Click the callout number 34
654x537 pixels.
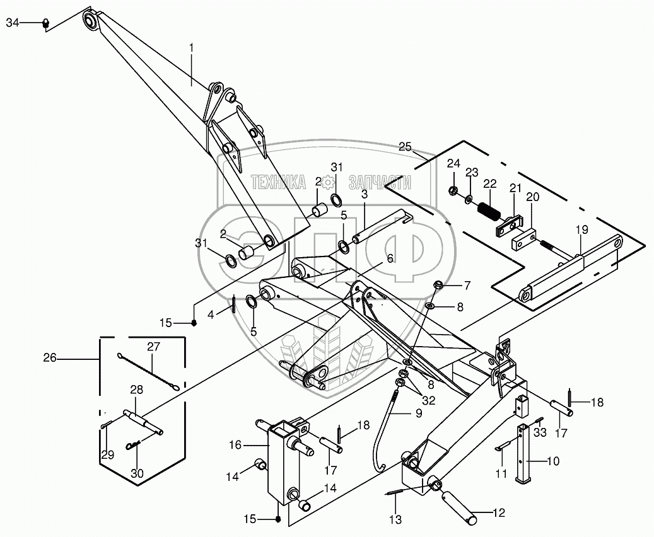coord(13,23)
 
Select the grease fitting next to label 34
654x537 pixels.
coord(45,23)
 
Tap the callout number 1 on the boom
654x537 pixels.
coord(192,47)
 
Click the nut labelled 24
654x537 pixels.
coord(453,190)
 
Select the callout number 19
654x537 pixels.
coord(580,231)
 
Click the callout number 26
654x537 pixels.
coord(50,359)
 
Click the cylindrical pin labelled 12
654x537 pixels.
coord(461,505)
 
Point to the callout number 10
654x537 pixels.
coord(552,461)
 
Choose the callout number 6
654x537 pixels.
coord(390,258)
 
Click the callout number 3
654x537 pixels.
coord(365,195)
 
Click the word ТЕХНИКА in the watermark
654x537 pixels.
coord(279,183)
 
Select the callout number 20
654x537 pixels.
coord(533,197)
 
